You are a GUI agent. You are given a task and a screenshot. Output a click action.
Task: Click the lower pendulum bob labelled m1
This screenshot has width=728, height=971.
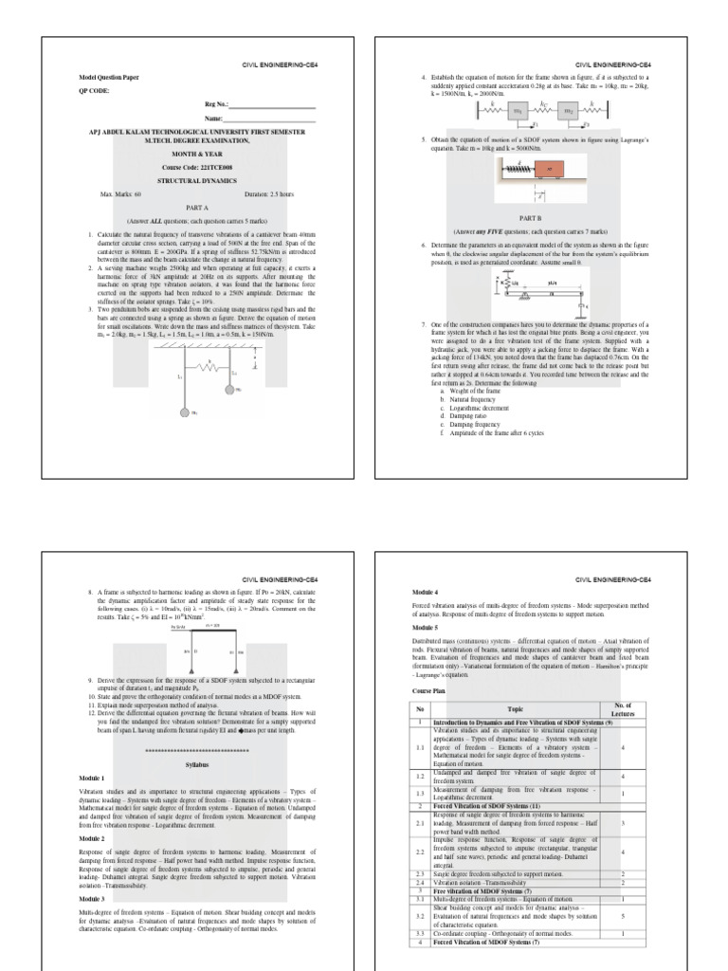pos(186,413)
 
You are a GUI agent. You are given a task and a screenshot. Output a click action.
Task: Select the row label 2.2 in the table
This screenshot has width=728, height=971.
pos(419,852)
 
